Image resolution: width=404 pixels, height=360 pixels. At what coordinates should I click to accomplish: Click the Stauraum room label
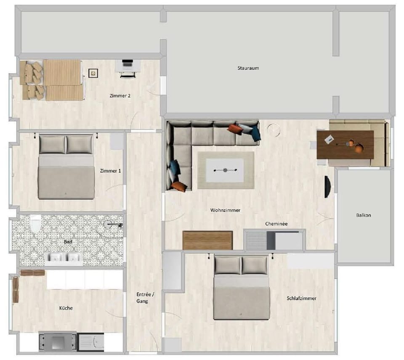click(248, 68)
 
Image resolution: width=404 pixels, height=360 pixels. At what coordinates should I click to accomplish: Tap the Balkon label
click(364, 215)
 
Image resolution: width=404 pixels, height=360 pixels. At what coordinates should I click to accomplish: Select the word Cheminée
click(276, 224)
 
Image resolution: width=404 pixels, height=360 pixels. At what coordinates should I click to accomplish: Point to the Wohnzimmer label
click(225, 210)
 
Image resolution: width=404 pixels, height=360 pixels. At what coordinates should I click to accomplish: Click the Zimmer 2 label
click(120, 96)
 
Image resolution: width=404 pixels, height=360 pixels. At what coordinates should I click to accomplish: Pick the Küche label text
click(66, 308)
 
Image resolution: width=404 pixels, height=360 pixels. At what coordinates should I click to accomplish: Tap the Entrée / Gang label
click(145, 298)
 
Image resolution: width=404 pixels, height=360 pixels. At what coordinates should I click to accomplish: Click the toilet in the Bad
click(35, 223)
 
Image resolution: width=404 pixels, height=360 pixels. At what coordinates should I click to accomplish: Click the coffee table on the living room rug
click(225, 170)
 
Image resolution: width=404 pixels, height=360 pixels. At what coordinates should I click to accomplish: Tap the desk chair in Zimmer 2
click(128, 74)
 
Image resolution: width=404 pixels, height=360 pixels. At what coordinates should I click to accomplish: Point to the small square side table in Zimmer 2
click(93, 73)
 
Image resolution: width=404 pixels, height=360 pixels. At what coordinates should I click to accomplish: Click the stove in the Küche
click(58, 342)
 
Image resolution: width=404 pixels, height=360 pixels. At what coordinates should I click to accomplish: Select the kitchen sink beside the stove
click(91, 342)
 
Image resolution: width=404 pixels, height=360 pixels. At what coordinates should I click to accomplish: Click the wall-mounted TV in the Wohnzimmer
click(327, 187)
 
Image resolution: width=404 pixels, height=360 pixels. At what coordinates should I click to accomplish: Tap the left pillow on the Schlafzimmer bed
click(227, 265)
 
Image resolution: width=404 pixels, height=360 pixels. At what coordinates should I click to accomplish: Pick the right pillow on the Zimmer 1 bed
click(80, 144)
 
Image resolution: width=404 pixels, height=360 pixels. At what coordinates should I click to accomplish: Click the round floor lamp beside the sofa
click(274, 130)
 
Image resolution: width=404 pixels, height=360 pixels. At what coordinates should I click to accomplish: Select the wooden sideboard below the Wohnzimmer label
click(207, 241)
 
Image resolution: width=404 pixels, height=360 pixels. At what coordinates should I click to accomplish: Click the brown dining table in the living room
click(345, 145)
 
